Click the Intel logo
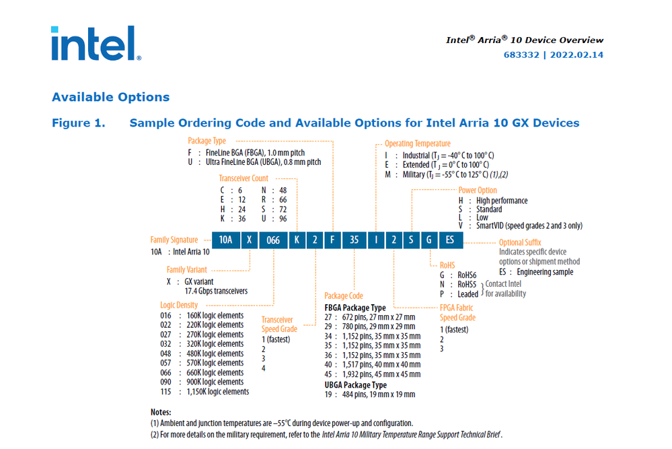coord(96,44)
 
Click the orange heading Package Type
coord(207,141)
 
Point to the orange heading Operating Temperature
coord(417,143)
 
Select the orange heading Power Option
coord(478,191)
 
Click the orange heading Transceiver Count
coord(244,178)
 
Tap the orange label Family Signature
coord(174,240)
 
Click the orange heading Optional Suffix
coord(520,242)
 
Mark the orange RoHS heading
coord(447,265)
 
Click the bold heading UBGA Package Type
coord(356,385)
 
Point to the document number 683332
coord(523,55)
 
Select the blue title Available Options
coord(111,97)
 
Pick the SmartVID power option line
coord(528,226)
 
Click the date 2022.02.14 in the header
coord(576,55)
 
